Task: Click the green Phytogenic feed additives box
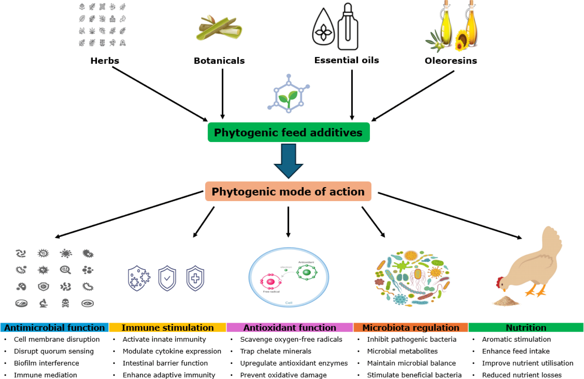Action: coord(288,132)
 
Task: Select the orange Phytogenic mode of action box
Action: coord(288,192)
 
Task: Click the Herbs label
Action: coord(105,61)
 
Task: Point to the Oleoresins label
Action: coord(451,61)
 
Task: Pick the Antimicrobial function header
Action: coord(54,328)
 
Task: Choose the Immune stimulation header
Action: coord(167,328)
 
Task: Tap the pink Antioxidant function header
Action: coord(289,328)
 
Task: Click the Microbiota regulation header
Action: coord(410,328)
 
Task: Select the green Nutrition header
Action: coord(526,328)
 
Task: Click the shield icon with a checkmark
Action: coord(167,278)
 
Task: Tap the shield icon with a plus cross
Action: coord(195,278)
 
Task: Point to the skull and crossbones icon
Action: coord(65,303)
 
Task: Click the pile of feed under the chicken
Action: coord(505,301)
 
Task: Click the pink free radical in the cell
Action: coord(270,282)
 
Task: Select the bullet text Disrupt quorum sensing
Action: coord(54,351)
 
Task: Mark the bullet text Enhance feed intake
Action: coord(516,351)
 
